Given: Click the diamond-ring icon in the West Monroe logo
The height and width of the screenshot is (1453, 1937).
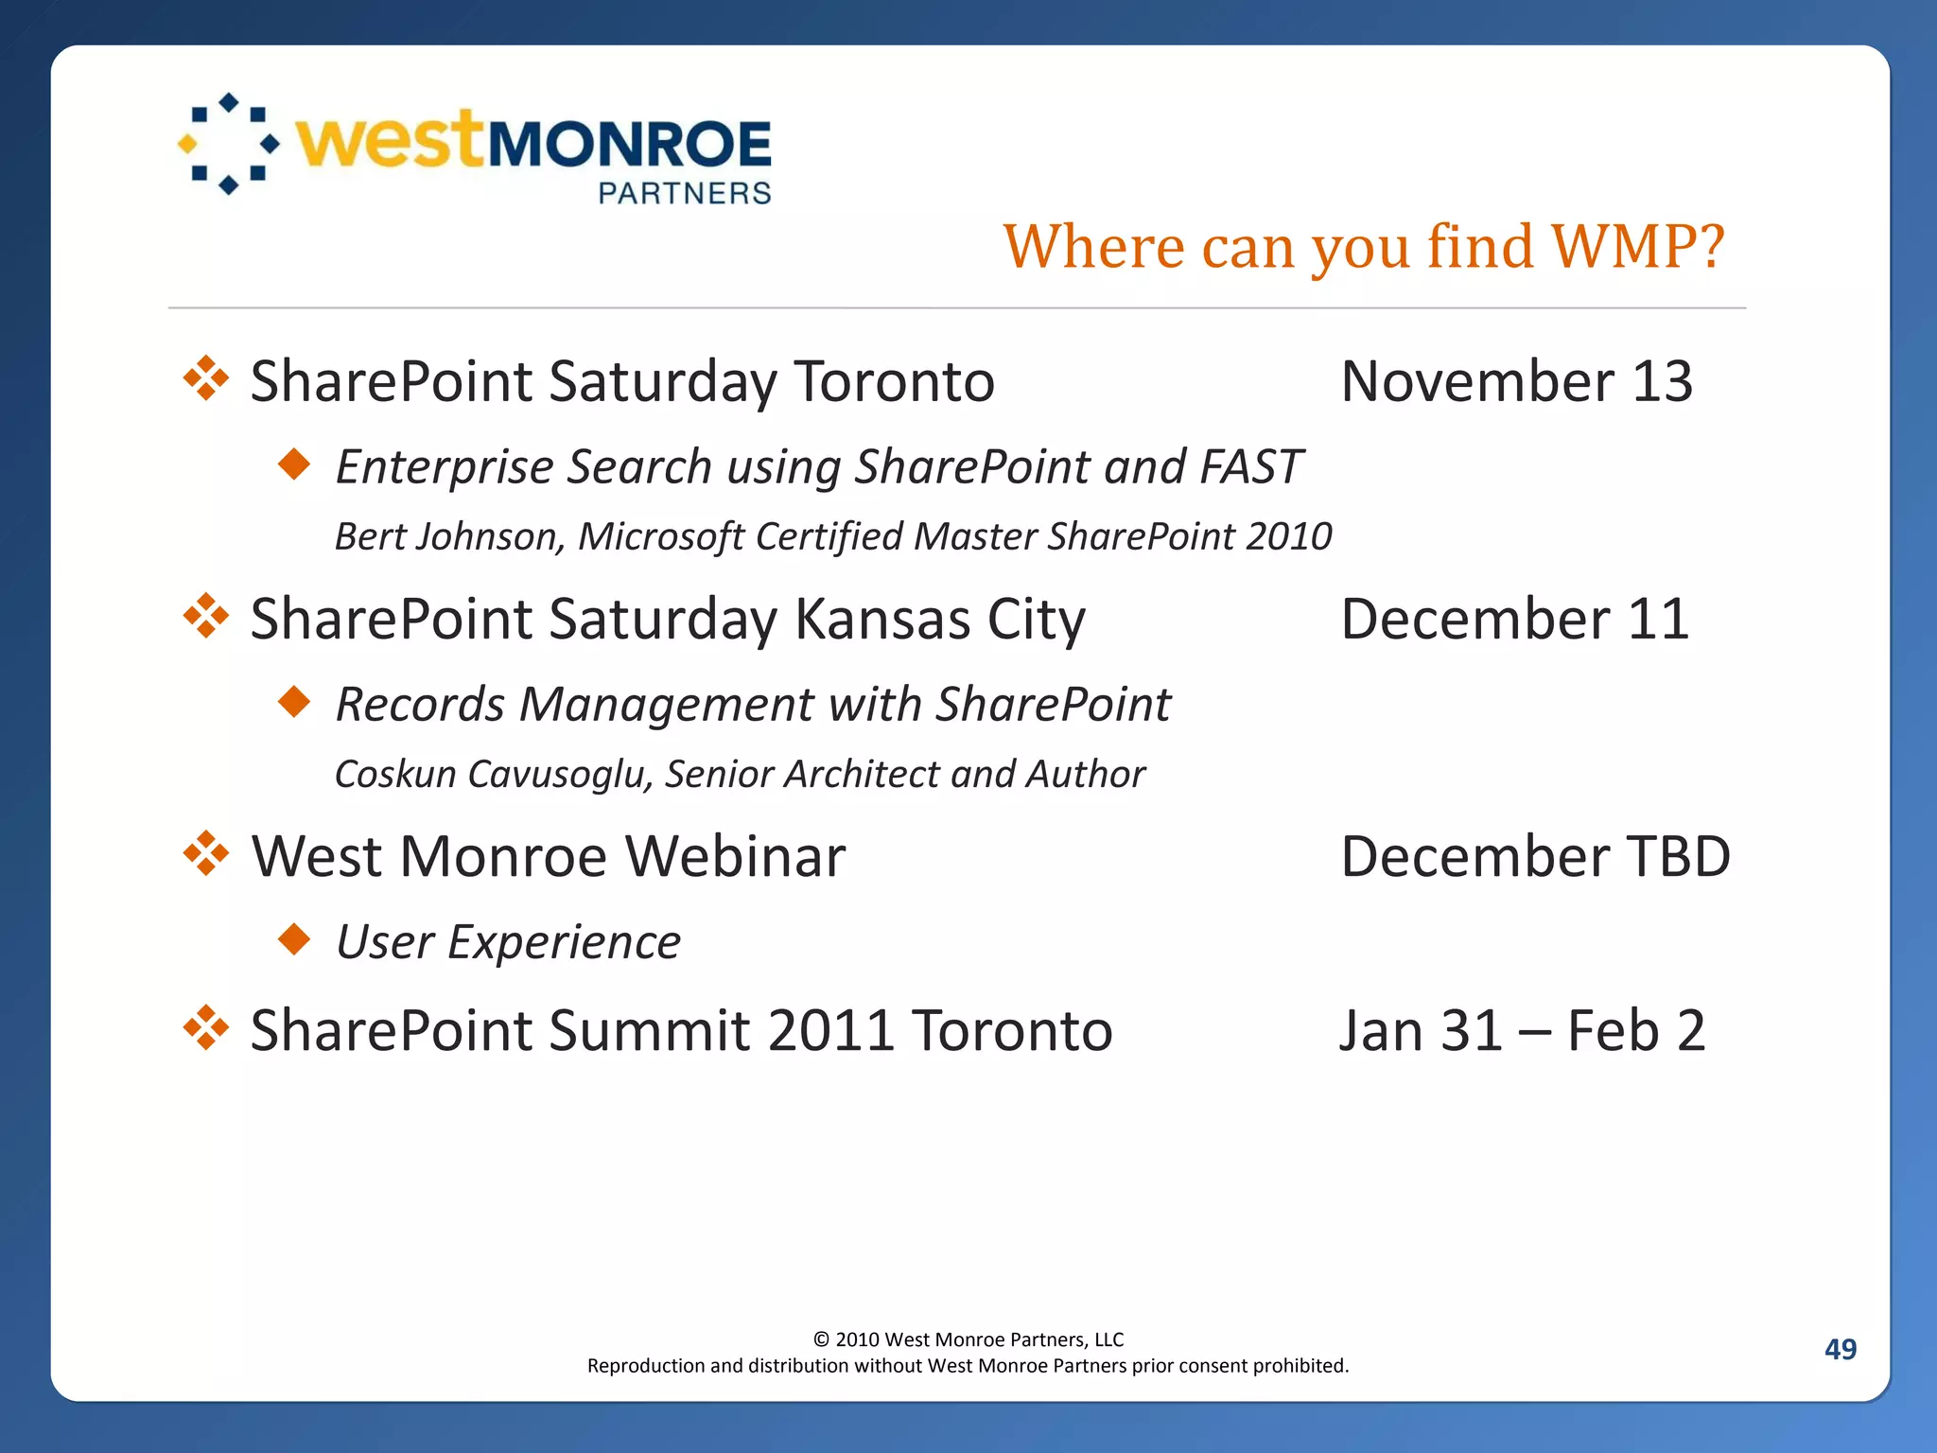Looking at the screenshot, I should [x=229, y=144].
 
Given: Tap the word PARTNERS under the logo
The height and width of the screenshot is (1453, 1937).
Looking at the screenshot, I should [x=685, y=193].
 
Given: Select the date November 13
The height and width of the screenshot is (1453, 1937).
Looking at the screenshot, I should [x=1516, y=381].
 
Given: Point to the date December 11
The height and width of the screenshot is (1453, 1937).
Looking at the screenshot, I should [x=1514, y=619].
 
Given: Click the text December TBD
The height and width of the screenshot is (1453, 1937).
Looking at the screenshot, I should [x=1535, y=856].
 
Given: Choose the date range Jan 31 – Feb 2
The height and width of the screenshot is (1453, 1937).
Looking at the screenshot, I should [x=1522, y=1030].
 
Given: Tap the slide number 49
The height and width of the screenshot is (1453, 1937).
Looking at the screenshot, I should [x=1840, y=1349].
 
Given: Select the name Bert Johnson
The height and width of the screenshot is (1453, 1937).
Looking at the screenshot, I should [x=449, y=536].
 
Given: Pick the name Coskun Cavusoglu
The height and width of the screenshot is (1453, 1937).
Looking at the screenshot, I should [x=490, y=774].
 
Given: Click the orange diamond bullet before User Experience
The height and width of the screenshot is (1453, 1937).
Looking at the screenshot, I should [x=295, y=939].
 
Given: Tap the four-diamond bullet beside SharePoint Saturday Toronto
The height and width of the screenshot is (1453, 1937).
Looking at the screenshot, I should [x=206, y=379].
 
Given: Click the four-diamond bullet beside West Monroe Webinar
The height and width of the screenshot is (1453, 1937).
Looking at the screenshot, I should [x=206, y=854].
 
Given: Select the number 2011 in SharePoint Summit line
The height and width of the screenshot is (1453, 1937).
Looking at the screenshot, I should [x=831, y=1030].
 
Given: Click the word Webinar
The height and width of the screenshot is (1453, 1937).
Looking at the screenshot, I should [x=735, y=856].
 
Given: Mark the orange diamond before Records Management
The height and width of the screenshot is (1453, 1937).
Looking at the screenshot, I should [x=295, y=702].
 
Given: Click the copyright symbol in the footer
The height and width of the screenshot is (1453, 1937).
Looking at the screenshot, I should [x=821, y=1339].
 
